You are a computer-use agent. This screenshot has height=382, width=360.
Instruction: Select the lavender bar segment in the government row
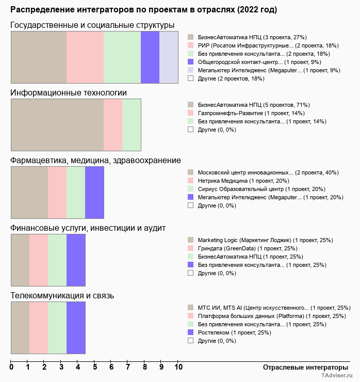(169, 57)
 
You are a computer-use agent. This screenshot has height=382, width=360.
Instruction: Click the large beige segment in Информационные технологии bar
(57, 124)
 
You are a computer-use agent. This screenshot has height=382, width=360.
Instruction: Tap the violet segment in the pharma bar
(94, 192)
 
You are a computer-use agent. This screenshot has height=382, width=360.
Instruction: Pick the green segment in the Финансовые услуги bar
(57, 260)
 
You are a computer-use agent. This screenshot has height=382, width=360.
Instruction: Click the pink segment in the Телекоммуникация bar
(39, 327)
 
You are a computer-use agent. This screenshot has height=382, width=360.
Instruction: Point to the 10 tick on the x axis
(178, 367)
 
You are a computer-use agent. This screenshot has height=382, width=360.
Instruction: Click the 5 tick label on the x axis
(94, 367)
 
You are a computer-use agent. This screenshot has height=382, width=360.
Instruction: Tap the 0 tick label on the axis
(11, 367)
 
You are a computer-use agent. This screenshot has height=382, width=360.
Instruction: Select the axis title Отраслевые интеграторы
(302, 367)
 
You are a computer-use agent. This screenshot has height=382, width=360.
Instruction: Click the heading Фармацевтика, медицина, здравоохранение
(95, 161)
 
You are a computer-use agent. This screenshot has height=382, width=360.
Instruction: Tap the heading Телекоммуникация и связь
(62, 296)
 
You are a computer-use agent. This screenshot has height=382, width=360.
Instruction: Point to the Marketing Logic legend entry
(265, 240)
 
